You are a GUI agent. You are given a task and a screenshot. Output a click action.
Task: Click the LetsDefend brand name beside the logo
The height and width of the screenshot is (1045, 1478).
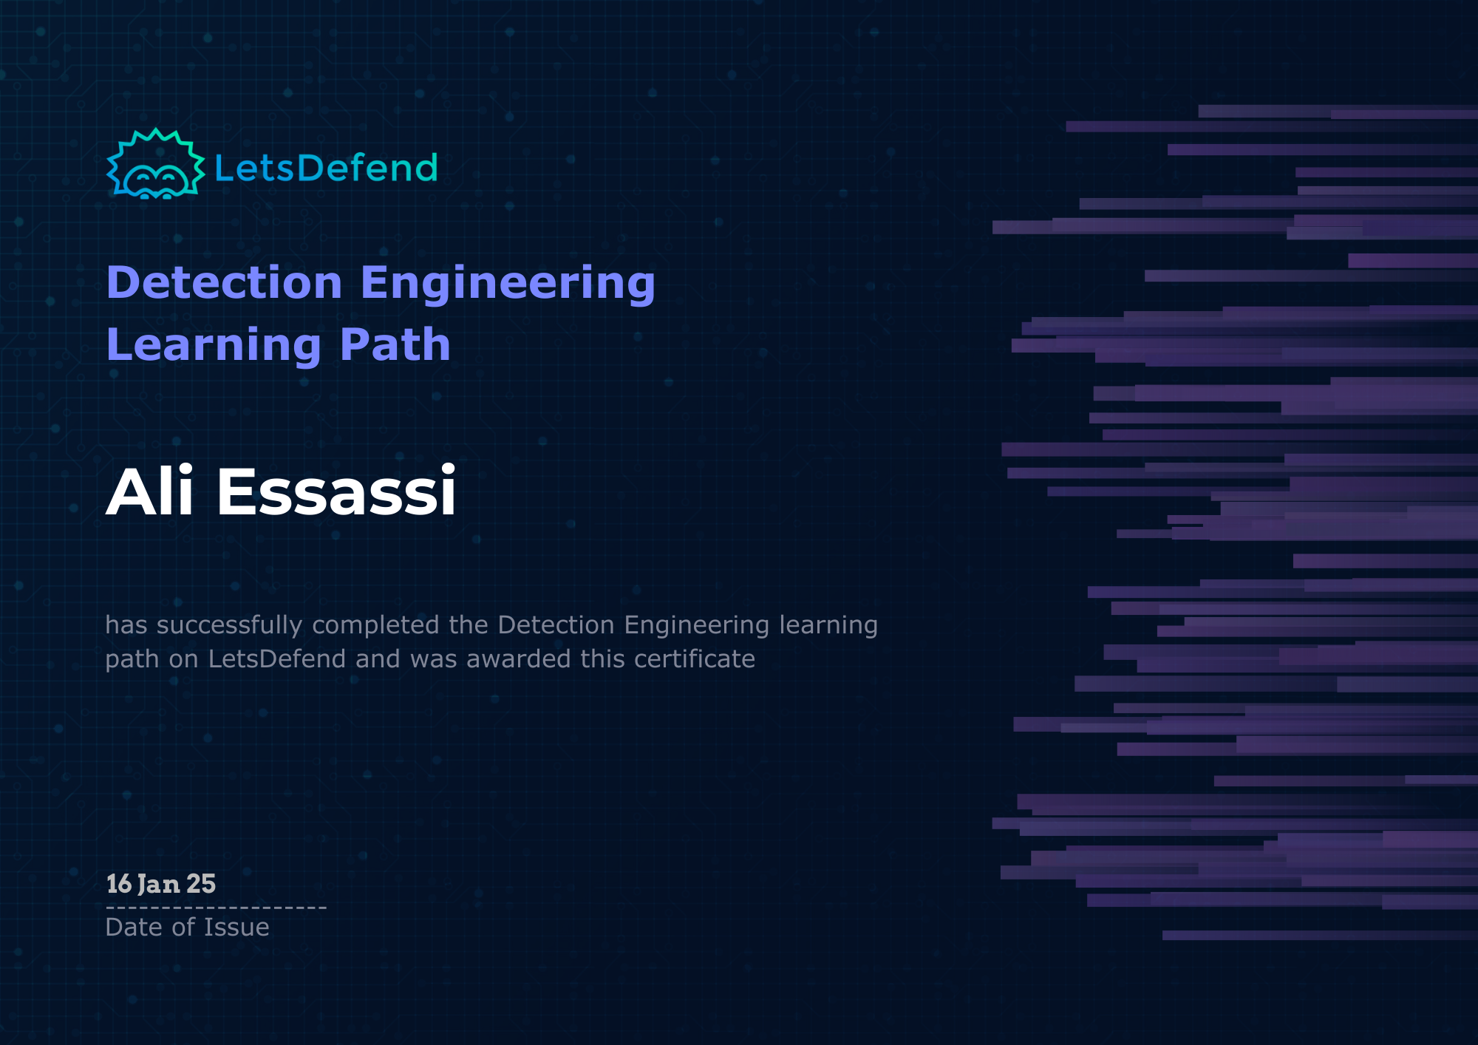tap(326, 168)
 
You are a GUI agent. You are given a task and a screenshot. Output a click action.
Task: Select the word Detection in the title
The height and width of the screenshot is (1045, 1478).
tap(225, 283)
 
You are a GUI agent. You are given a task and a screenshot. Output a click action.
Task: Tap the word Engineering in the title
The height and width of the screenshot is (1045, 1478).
tap(508, 285)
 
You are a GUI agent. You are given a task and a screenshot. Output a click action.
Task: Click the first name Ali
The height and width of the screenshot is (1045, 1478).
tap(150, 491)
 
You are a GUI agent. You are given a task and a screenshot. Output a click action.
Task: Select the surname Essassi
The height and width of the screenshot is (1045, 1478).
tap(336, 492)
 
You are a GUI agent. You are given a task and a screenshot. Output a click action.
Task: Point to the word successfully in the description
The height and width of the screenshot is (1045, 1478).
tap(229, 626)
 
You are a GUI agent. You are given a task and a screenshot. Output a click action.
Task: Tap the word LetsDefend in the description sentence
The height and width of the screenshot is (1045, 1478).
tap(277, 658)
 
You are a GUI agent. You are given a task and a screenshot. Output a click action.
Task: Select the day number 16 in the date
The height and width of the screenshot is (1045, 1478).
tap(119, 884)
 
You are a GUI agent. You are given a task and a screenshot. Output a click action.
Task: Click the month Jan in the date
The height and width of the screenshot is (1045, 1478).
tap(159, 884)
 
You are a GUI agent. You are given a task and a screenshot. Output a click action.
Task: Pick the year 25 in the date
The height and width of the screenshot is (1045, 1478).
tap(201, 884)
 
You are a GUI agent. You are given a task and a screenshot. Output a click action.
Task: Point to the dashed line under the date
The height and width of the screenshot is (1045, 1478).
tap(216, 908)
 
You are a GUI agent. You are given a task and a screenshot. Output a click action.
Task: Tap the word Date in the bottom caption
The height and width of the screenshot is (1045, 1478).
tap(133, 927)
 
